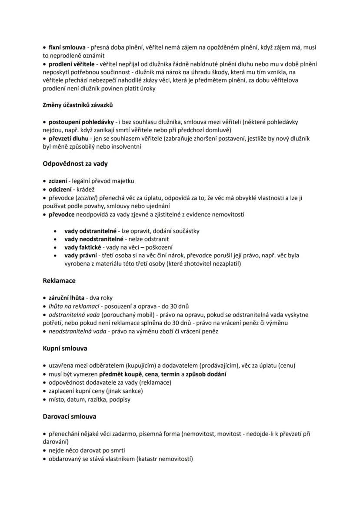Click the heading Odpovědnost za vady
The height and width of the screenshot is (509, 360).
click(x=75, y=164)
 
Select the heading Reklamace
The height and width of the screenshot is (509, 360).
click(x=59, y=281)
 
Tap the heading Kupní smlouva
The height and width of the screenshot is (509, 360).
click(x=65, y=349)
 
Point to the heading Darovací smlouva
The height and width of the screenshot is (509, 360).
click(x=70, y=416)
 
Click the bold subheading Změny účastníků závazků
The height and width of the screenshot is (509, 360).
click(x=78, y=105)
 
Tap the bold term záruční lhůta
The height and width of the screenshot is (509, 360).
click(x=67, y=298)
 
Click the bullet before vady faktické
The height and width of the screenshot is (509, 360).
click(x=55, y=247)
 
